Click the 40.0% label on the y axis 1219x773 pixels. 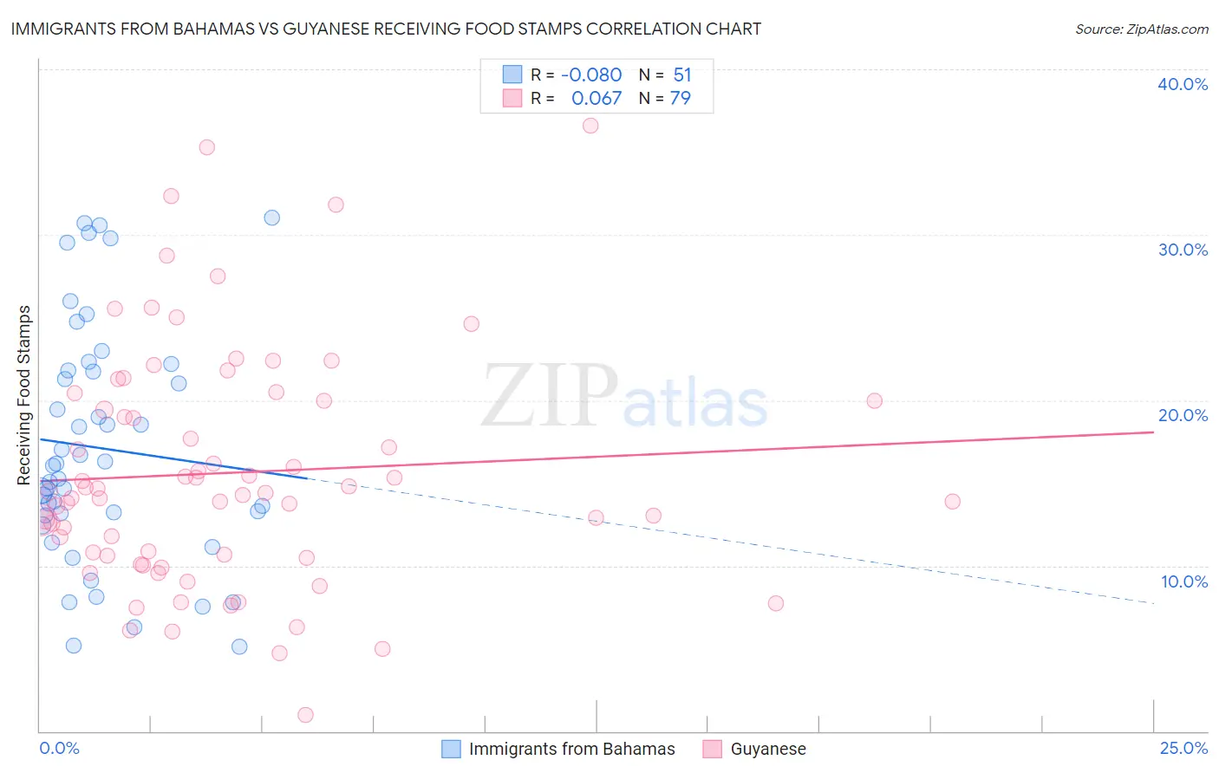pos(1183,84)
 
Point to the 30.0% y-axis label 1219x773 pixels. pos(1183,250)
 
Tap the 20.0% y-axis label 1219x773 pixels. pos(1183,415)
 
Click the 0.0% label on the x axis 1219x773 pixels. pos(59,749)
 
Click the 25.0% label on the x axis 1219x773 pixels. pos(1183,749)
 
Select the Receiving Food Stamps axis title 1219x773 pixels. pos(23,395)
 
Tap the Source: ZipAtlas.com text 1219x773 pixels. pos(1141,29)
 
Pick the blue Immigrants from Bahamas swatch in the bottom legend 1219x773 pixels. pos(451,749)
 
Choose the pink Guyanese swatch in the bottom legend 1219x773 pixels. pos(713,749)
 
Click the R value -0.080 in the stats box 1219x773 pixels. pos(591,75)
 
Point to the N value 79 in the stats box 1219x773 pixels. pos(681,99)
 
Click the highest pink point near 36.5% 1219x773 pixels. pos(590,126)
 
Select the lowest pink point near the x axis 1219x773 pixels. pos(305,715)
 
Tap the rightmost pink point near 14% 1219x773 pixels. pos(952,502)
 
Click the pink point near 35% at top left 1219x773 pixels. pos(206,147)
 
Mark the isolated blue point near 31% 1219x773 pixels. pos(271,218)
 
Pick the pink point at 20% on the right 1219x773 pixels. pos(874,400)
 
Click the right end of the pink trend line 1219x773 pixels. pos(1153,432)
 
